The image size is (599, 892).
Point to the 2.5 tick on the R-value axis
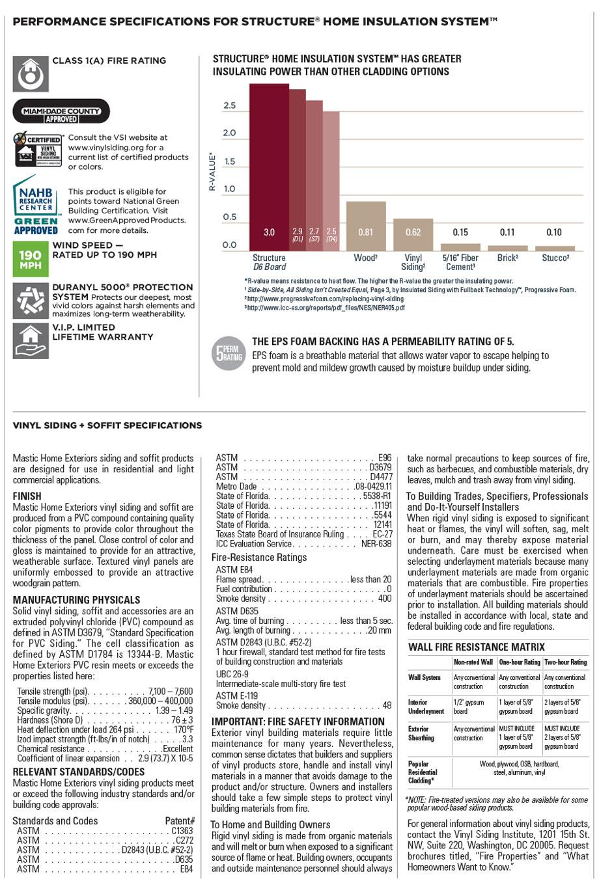(x=230, y=105)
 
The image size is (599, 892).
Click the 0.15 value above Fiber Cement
(x=460, y=232)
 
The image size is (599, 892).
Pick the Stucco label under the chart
(x=555, y=258)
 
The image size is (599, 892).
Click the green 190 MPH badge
(x=29, y=259)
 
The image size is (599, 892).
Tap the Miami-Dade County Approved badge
(x=61, y=111)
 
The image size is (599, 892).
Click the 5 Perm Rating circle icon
(x=229, y=354)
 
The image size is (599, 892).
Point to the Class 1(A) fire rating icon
(x=30, y=74)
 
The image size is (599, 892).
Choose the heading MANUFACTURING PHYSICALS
(x=76, y=600)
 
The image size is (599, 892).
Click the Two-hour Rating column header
(x=565, y=662)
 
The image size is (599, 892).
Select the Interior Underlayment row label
(x=426, y=707)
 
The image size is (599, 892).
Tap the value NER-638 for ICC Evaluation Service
(x=376, y=544)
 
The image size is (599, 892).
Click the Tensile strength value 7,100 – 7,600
(x=171, y=691)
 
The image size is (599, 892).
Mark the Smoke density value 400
(x=385, y=599)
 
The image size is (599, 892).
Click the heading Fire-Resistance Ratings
(x=259, y=558)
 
